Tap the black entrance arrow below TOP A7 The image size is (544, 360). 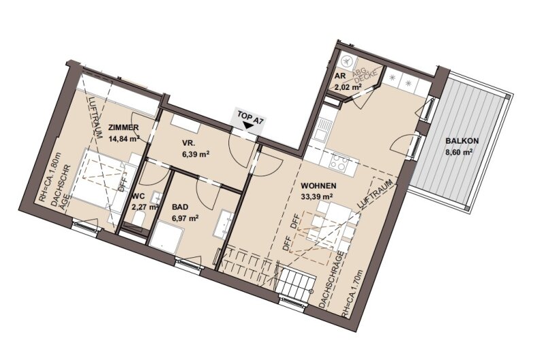click(248, 126)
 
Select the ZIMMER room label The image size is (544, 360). click(124, 127)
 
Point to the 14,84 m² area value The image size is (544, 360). click(124, 139)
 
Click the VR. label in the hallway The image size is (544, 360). click(189, 142)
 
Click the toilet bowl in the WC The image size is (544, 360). click(139, 220)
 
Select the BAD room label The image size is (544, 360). click(180, 208)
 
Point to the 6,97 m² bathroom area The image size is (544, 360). click(186, 218)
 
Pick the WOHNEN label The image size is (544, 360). click(318, 186)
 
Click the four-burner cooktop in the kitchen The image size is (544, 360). click(338, 162)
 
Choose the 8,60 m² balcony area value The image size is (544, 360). click(460, 152)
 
